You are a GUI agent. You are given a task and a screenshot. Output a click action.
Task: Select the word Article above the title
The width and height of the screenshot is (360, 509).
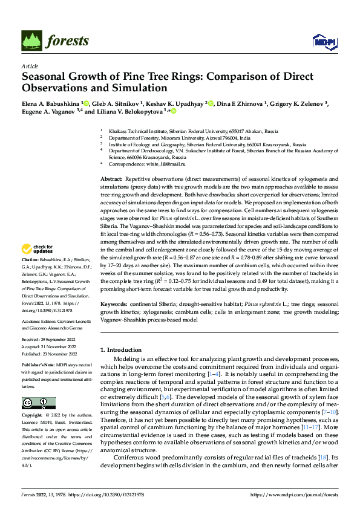pyautogui.click(x=30, y=66)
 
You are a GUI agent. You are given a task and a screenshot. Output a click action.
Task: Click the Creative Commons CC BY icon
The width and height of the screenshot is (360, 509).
pyautogui.click(x=38, y=403)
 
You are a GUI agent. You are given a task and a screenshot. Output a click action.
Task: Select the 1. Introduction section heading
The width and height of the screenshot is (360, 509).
pyautogui.click(x=124, y=350)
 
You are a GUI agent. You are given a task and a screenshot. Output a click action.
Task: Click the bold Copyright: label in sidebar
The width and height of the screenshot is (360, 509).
pyautogui.click(x=33, y=416)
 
